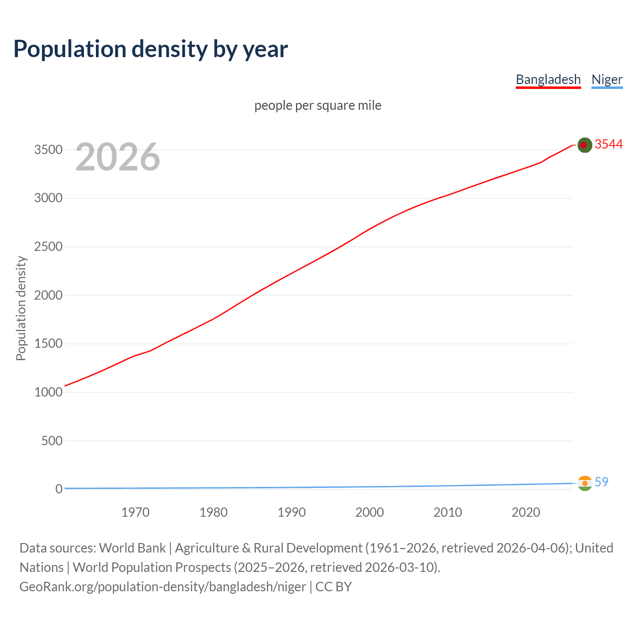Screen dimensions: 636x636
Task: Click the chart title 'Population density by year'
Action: point(151,49)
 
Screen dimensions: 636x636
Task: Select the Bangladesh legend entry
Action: point(548,79)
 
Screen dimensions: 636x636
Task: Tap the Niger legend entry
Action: point(607,79)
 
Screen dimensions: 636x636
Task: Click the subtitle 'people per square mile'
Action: point(318,105)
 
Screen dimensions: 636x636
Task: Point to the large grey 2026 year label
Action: point(118,157)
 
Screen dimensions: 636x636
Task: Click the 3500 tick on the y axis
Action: point(48,150)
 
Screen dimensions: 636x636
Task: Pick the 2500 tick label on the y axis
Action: point(48,246)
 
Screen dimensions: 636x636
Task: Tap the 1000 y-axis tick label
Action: point(48,392)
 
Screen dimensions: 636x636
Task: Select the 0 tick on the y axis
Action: point(59,489)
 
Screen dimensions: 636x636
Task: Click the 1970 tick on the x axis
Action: point(135,512)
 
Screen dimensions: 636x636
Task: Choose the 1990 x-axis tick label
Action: point(292,512)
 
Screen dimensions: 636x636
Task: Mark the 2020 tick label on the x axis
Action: point(526,512)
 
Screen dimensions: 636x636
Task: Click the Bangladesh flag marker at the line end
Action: point(584,145)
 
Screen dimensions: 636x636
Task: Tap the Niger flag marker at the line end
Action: point(585,483)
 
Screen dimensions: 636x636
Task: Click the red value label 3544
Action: point(609,144)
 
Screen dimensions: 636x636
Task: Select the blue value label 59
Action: point(601,482)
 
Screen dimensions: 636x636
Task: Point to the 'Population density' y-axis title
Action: point(21,308)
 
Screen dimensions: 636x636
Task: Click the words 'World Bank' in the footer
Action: point(132,548)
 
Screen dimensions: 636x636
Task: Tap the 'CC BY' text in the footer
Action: point(333,587)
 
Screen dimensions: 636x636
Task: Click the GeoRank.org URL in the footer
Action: point(162,587)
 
